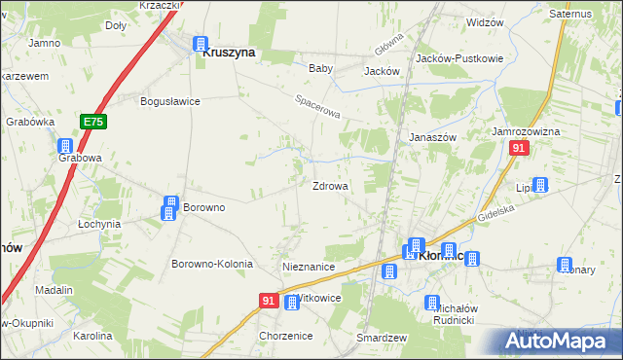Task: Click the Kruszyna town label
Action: [229, 54]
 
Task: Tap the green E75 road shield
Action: [92, 122]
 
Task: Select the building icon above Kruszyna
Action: [201, 44]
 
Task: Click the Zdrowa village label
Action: [330, 186]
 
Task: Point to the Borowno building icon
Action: [169, 207]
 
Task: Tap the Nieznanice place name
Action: [309, 267]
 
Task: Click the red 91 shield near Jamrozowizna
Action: [519, 147]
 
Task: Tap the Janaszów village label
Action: [432, 137]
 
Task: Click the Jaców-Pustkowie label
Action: [458, 58]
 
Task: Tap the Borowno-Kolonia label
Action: [212, 265]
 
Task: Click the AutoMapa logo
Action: [560, 341]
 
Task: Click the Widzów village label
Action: [485, 22]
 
